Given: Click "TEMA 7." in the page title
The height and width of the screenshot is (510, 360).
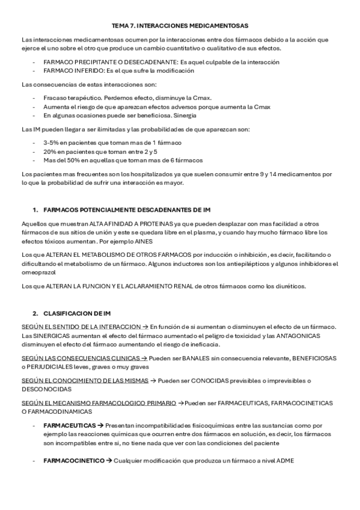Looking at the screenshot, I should [123, 26].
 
